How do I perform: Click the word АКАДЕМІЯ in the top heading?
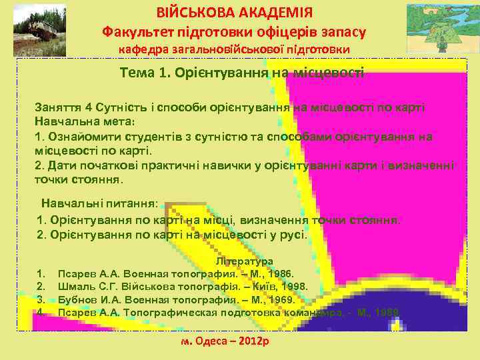coord(274,12)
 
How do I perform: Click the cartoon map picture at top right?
coord(439,28)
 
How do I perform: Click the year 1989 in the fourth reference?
coord(387,312)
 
